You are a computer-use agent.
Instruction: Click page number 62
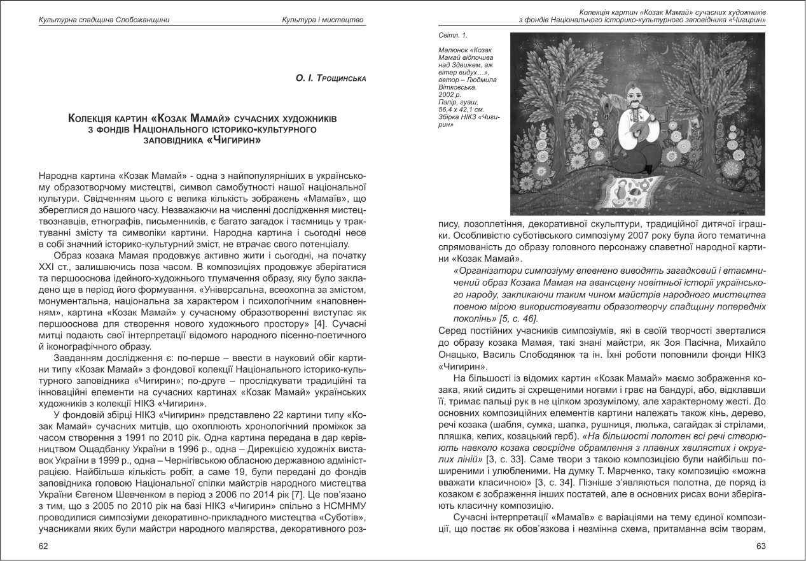coord(43,545)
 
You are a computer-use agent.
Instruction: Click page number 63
coord(760,545)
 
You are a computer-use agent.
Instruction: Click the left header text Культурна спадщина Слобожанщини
coord(104,20)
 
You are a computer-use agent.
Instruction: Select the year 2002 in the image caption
coord(447,94)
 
